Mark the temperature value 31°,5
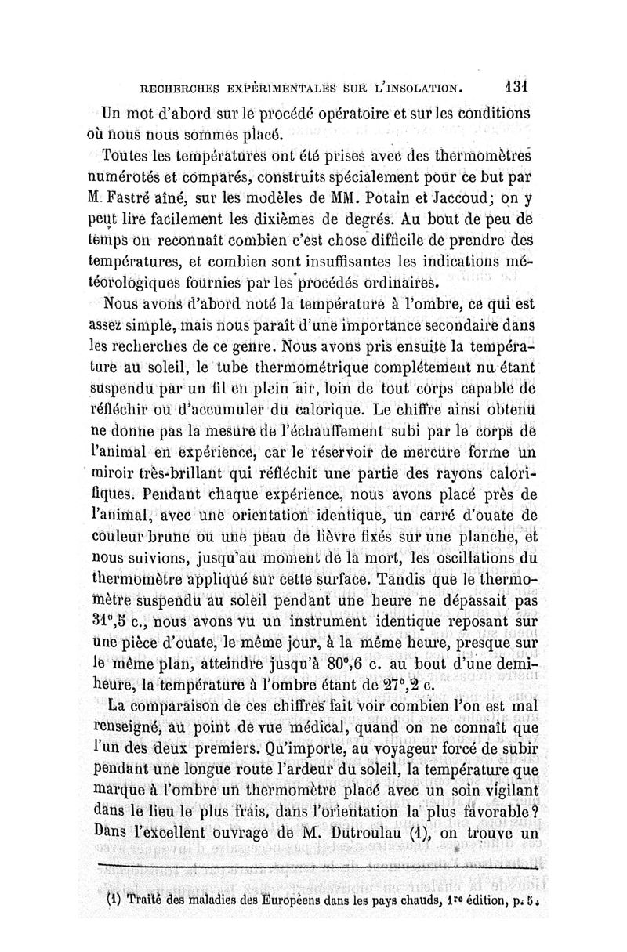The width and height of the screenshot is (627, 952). (116, 622)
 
